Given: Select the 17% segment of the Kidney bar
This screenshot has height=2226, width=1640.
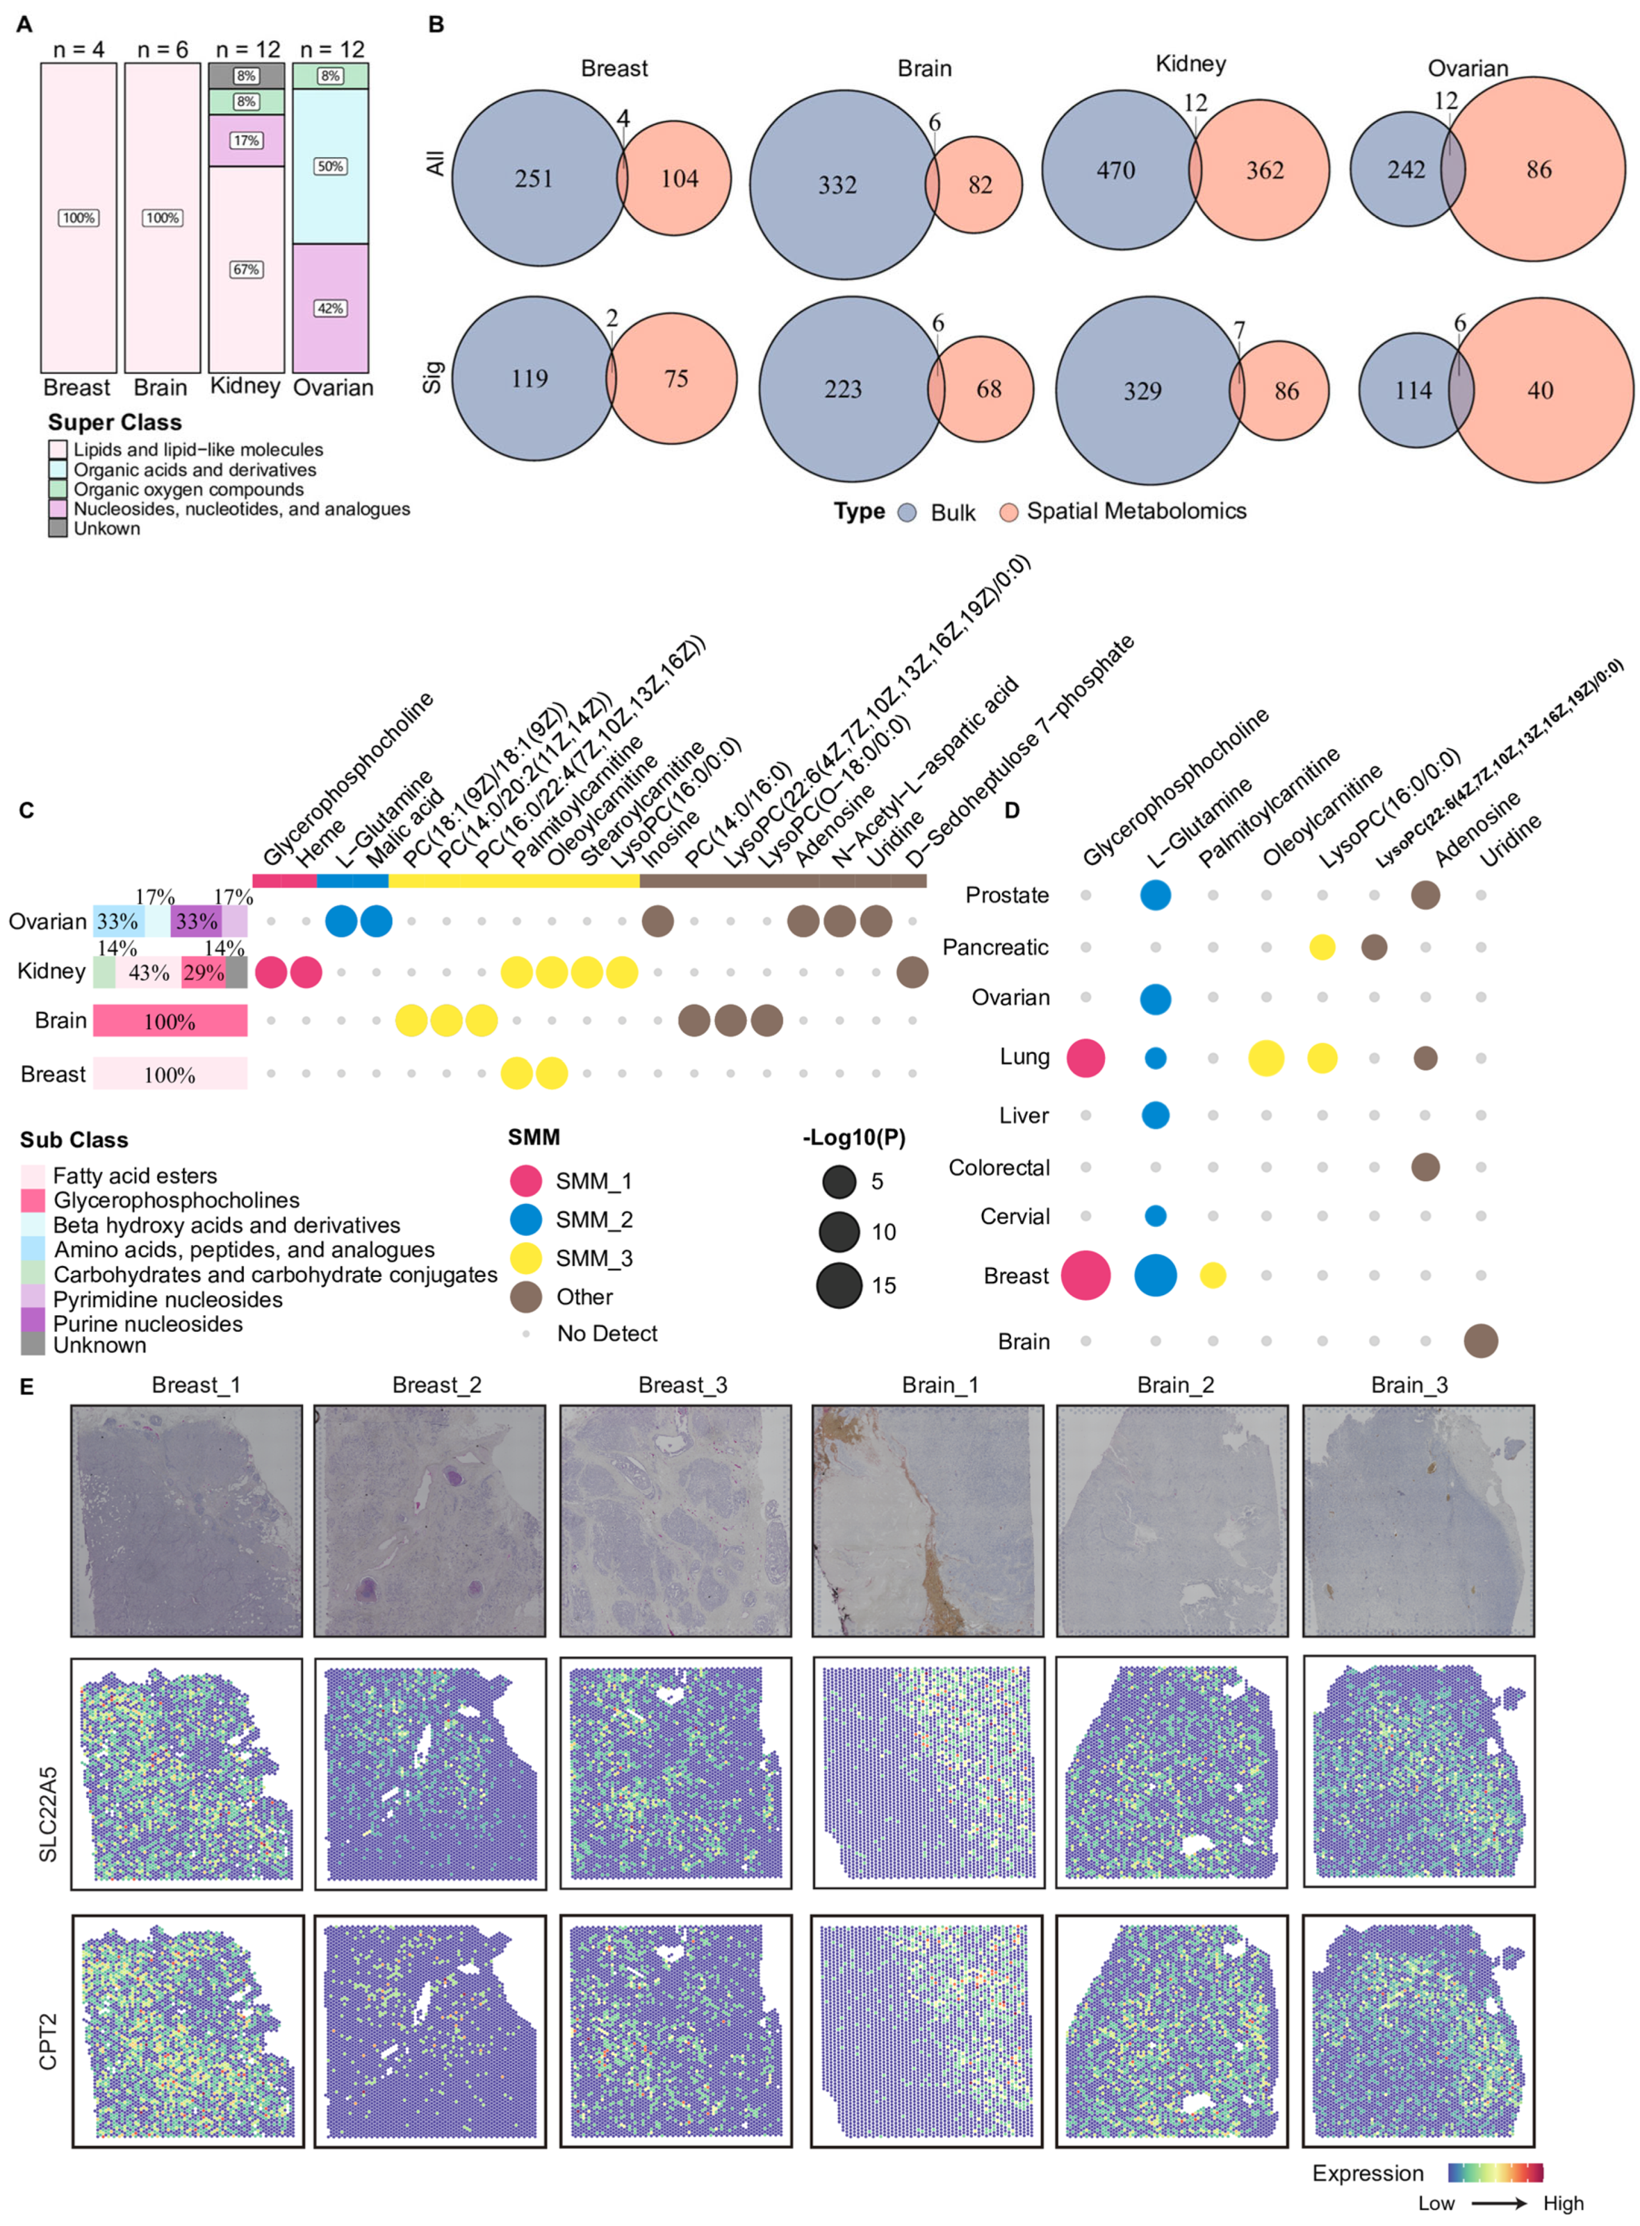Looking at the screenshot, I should pos(246,140).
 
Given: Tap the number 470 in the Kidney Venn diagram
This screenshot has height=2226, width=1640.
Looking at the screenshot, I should pos(1116,171).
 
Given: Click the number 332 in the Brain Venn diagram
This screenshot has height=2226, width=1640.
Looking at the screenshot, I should pos(837,184).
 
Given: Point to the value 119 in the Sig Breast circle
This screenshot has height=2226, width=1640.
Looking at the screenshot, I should pos(529,378).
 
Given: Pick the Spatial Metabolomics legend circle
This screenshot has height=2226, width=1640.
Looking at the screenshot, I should pos(1009,512).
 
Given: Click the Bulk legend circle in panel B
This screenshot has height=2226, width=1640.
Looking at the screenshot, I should pos(906,512).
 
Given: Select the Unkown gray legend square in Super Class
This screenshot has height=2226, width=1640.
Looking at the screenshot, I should pos(57,528).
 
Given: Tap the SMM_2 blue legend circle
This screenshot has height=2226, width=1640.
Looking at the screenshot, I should pos(525,1219).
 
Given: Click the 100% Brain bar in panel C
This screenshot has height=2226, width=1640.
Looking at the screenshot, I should pos(170,1021).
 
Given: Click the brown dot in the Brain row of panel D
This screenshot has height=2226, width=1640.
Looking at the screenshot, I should pos(1480,1340).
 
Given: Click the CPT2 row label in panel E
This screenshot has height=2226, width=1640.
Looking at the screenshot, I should pos(48,2042).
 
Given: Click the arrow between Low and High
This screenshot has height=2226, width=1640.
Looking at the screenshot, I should pos(1498,2203).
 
